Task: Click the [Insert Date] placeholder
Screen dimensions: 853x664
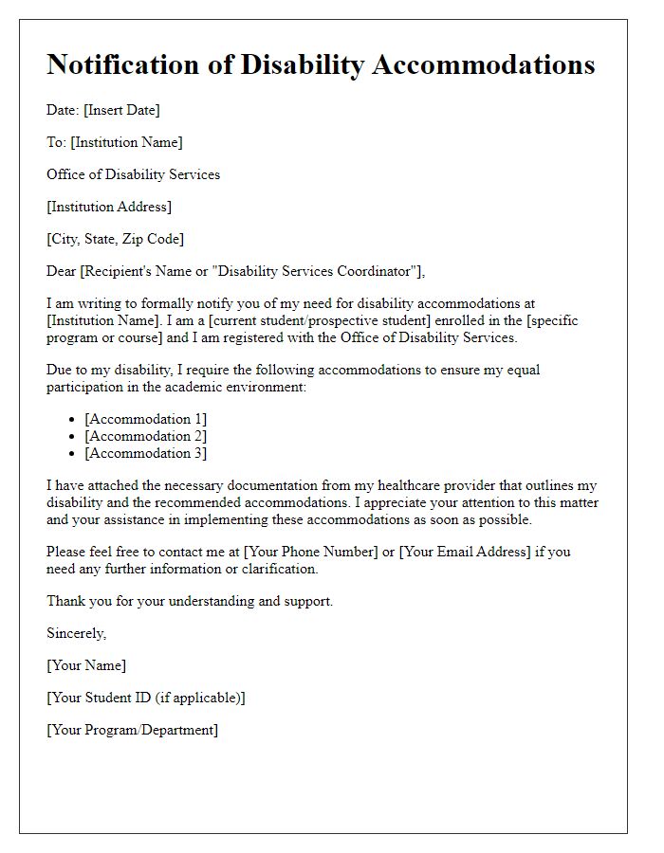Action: [x=121, y=110]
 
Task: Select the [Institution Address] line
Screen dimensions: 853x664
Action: [x=109, y=207]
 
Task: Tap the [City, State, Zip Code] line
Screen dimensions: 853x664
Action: [x=116, y=239]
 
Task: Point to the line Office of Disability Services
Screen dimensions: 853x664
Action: [x=133, y=174]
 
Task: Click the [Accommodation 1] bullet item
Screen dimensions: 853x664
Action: [x=145, y=419]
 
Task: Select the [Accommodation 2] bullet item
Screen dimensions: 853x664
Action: [x=145, y=436]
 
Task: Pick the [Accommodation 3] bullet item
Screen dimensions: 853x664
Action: [x=145, y=453]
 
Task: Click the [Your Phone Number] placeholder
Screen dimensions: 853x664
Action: [x=311, y=552]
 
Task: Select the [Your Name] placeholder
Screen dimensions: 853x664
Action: [x=86, y=665]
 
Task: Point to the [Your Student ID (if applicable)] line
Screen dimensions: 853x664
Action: [x=146, y=698]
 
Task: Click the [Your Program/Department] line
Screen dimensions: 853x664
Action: [x=132, y=730]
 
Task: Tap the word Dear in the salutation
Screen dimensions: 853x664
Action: [x=62, y=271]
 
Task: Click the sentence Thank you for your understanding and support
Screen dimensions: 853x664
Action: [x=190, y=601]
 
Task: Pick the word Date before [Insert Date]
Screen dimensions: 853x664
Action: [x=62, y=110]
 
